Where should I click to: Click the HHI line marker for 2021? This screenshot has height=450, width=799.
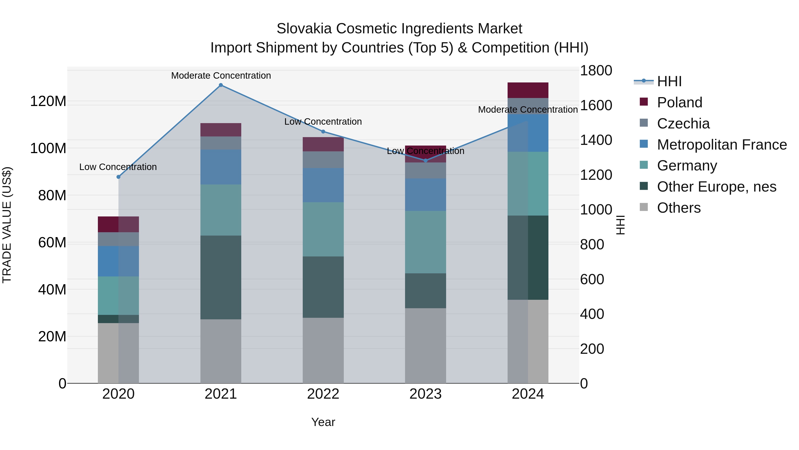tap(221, 85)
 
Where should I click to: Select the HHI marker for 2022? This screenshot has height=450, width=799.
tap(323, 132)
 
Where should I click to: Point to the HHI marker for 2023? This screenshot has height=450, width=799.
tap(425, 161)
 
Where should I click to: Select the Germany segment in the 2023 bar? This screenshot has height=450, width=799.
tap(425, 242)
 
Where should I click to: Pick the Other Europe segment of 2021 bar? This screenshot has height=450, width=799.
tap(221, 277)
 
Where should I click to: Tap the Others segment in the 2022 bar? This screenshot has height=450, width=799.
tap(323, 350)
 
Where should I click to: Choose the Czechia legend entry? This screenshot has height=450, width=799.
tap(683, 124)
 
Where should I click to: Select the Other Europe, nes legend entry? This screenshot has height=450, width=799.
tap(716, 187)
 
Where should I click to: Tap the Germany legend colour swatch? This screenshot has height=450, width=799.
tap(644, 165)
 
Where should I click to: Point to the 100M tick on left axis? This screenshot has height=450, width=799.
tap(48, 148)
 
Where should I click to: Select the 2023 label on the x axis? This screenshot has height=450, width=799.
tap(425, 394)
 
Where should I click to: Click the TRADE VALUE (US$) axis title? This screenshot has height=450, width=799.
tap(7, 225)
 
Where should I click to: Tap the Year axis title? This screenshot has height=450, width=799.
tap(323, 422)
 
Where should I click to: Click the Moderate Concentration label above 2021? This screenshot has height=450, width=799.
tap(221, 76)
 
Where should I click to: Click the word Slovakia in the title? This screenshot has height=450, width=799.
tap(304, 29)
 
